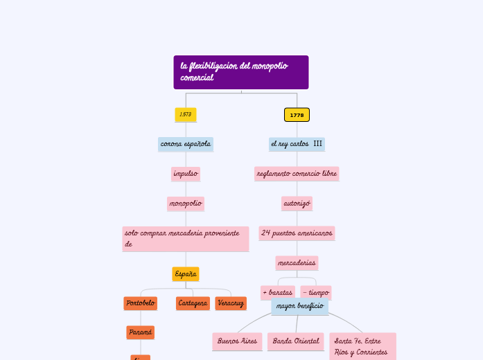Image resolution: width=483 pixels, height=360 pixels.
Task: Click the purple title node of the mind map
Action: (240, 72)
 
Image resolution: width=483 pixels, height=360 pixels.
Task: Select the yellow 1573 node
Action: (185, 114)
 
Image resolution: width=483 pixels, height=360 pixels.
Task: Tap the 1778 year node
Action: (297, 114)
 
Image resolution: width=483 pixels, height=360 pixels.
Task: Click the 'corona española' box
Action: (185, 144)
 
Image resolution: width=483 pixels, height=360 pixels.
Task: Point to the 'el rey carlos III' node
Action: (297, 144)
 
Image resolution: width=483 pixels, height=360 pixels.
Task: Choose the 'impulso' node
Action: (185, 174)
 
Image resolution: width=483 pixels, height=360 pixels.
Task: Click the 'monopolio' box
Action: (185, 204)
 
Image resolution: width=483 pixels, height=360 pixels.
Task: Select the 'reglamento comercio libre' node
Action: (297, 174)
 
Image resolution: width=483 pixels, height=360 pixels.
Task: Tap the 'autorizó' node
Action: (297, 204)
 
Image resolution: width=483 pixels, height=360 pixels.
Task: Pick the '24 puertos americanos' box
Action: (297, 233)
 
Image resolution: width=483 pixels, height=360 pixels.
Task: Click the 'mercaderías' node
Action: (297, 263)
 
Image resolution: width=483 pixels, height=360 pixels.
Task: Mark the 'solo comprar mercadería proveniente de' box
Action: (185, 239)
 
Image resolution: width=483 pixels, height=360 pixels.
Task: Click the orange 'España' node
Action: (185, 274)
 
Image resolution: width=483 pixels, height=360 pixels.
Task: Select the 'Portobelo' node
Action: (140, 303)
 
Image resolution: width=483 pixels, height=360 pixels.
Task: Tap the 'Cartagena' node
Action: (193, 303)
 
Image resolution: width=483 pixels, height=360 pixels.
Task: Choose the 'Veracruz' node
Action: (231, 303)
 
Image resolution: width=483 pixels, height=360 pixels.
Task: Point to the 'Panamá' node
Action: (140, 332)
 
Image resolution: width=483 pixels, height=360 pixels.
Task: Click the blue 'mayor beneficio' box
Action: (299, 306)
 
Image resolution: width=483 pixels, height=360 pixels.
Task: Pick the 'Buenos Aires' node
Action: (237, 341)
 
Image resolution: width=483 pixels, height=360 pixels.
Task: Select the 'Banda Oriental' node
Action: (295, 341)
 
